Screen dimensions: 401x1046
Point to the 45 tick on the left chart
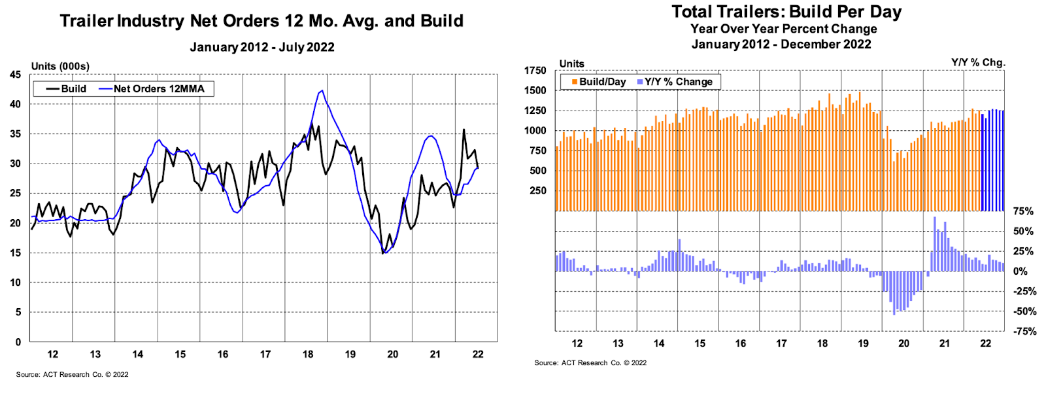point(15,75)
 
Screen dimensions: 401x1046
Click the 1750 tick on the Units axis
point(535,71)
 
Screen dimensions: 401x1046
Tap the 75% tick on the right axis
point(1023,211)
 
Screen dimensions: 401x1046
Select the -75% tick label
point(1024,332)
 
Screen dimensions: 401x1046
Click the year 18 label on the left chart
point(308,355)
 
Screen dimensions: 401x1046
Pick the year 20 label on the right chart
point(903,343)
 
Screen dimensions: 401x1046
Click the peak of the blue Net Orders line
point(322,91)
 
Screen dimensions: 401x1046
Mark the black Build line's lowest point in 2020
point(383,253)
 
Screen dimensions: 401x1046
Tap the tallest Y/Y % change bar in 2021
point(935,217)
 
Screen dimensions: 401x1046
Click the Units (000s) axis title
point(60,66)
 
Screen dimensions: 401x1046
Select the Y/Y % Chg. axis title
point(978,63)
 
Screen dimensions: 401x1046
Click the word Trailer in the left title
point(86,21)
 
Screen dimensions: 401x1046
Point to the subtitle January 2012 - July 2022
point(261,47)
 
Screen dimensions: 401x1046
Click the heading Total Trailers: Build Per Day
point(786,12)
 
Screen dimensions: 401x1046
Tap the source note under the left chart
point(72,375)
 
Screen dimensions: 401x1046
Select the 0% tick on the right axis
point(1020,271)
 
